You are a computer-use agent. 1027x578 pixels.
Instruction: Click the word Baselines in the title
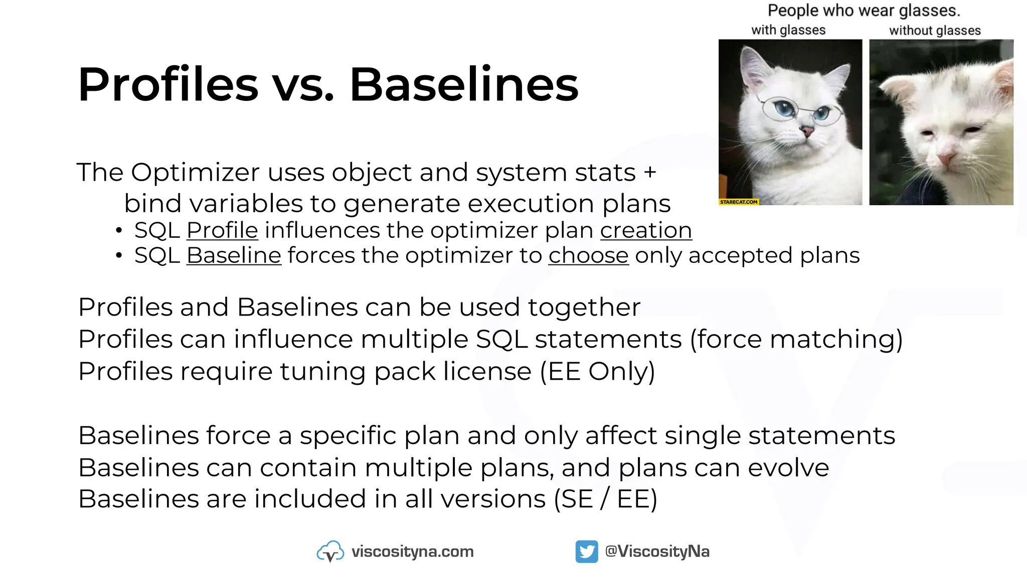[x=463, y=84]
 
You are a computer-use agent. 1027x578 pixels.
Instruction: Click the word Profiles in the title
[x=168, y=84]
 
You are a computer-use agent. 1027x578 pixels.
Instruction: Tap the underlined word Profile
[x=222, y=231]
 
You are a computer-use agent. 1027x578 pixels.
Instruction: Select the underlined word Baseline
[x=234, y=256]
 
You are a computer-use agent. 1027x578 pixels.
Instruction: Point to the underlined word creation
[x=646, y=231]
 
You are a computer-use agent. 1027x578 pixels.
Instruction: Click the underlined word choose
[x=588, y=256]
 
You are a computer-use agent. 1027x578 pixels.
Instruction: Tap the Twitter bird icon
[x=586, y=551]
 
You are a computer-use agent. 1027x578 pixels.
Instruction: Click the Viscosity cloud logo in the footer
[x=330, y=552]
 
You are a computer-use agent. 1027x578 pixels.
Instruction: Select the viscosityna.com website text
[x=412, y=551]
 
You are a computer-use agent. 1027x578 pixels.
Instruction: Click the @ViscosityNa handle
[x=657, y=551]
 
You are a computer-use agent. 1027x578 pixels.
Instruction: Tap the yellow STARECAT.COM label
[x=739, y=202]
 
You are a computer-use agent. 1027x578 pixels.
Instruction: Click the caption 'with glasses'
[x=788, y=30]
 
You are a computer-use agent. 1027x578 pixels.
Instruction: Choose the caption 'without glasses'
[x=935, y=31]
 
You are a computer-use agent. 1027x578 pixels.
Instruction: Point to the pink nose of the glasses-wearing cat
[x=807, y=132]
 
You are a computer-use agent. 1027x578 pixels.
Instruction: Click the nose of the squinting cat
[x=946, y=159]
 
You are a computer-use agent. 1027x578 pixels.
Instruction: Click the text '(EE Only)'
[x=597, y=372]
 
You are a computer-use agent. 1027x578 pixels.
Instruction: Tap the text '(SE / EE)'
[x=605, y=499]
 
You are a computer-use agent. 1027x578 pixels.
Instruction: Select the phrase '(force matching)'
[x=796, y=340]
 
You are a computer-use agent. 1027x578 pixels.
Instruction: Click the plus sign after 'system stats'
[x=650, y=173]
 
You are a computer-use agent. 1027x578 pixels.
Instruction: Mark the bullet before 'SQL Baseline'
[x=118, y=256]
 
